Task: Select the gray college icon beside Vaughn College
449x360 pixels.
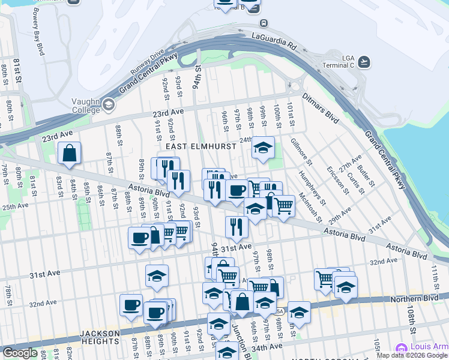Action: tap(109, 106)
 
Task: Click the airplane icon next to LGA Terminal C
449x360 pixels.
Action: tap(364, 62)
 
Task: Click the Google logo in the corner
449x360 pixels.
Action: tap(20, 353)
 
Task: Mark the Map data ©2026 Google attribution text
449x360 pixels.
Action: tap(412, 355)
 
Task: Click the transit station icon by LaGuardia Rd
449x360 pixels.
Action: tap(265, 23)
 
